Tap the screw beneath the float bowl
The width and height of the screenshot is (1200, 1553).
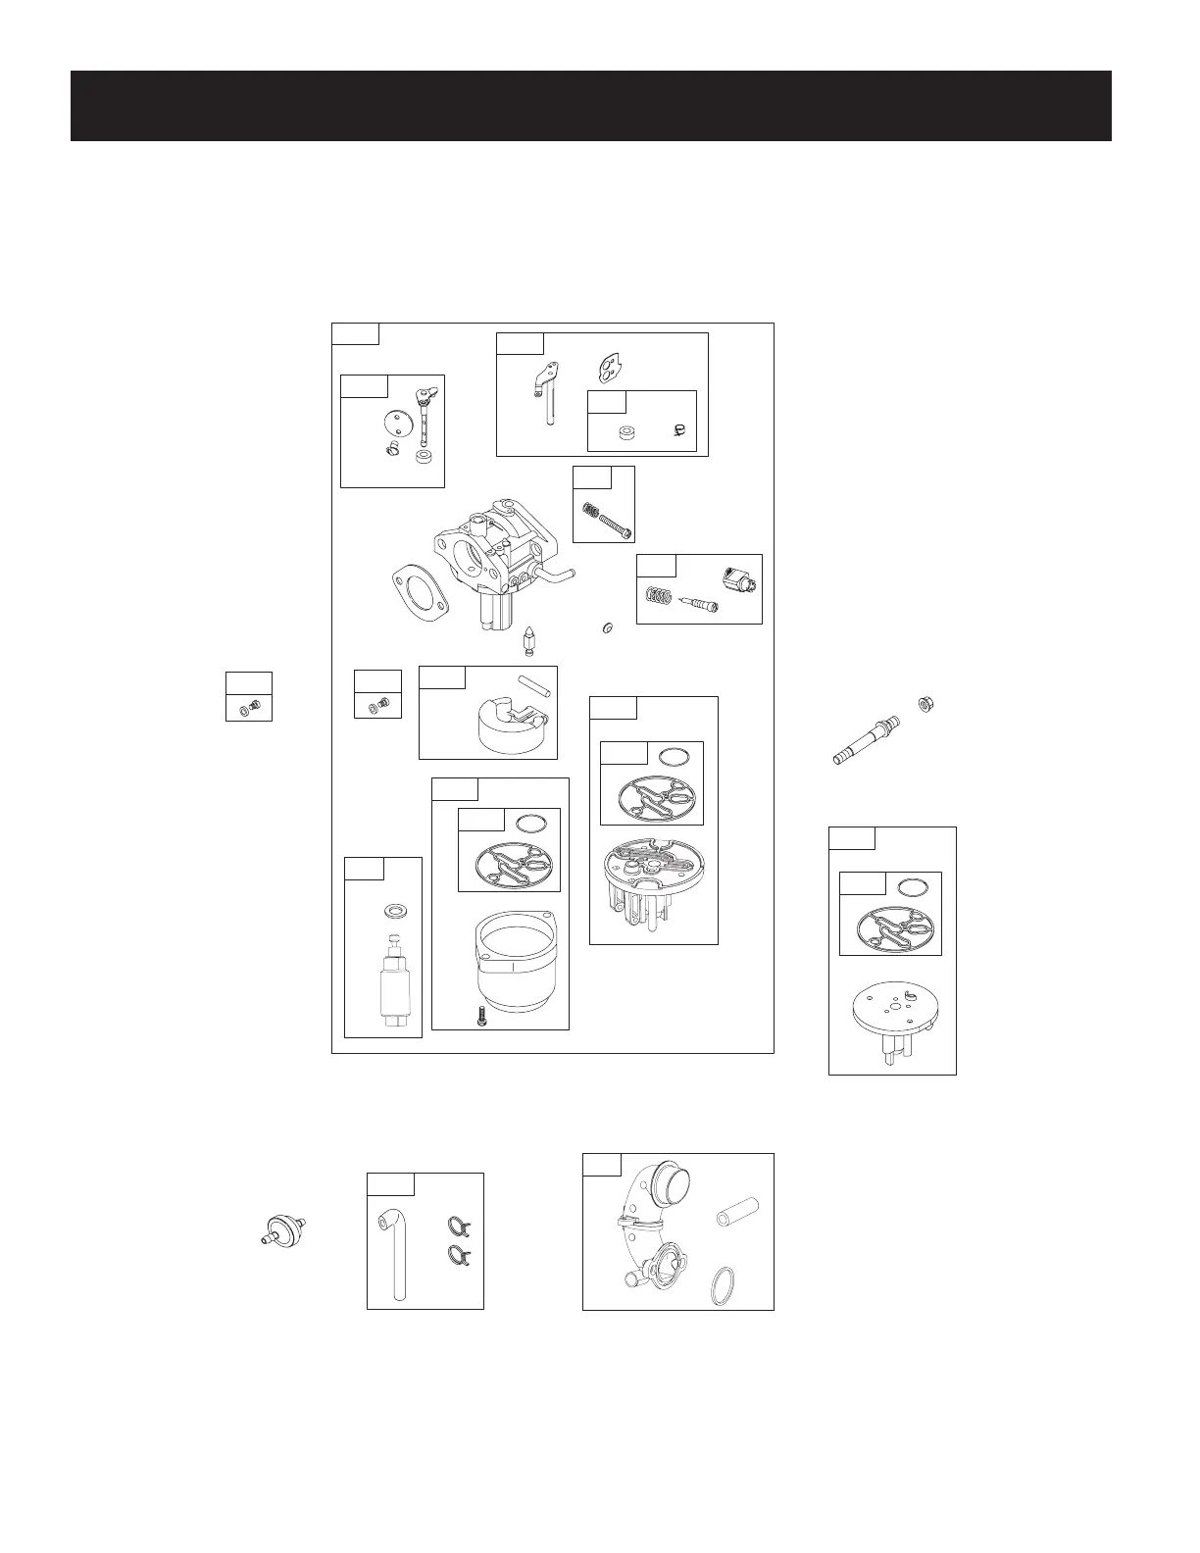[480, 1018]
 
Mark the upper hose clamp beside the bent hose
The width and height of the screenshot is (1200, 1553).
[458, 1225]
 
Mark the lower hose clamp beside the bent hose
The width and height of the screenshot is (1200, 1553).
[458, 1252]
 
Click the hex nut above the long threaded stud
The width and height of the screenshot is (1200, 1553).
[924, 703]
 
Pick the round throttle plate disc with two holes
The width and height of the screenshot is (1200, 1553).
[393, 424]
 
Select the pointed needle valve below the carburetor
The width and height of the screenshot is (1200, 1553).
[529, 641]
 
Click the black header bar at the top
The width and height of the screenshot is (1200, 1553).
[591, 106]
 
